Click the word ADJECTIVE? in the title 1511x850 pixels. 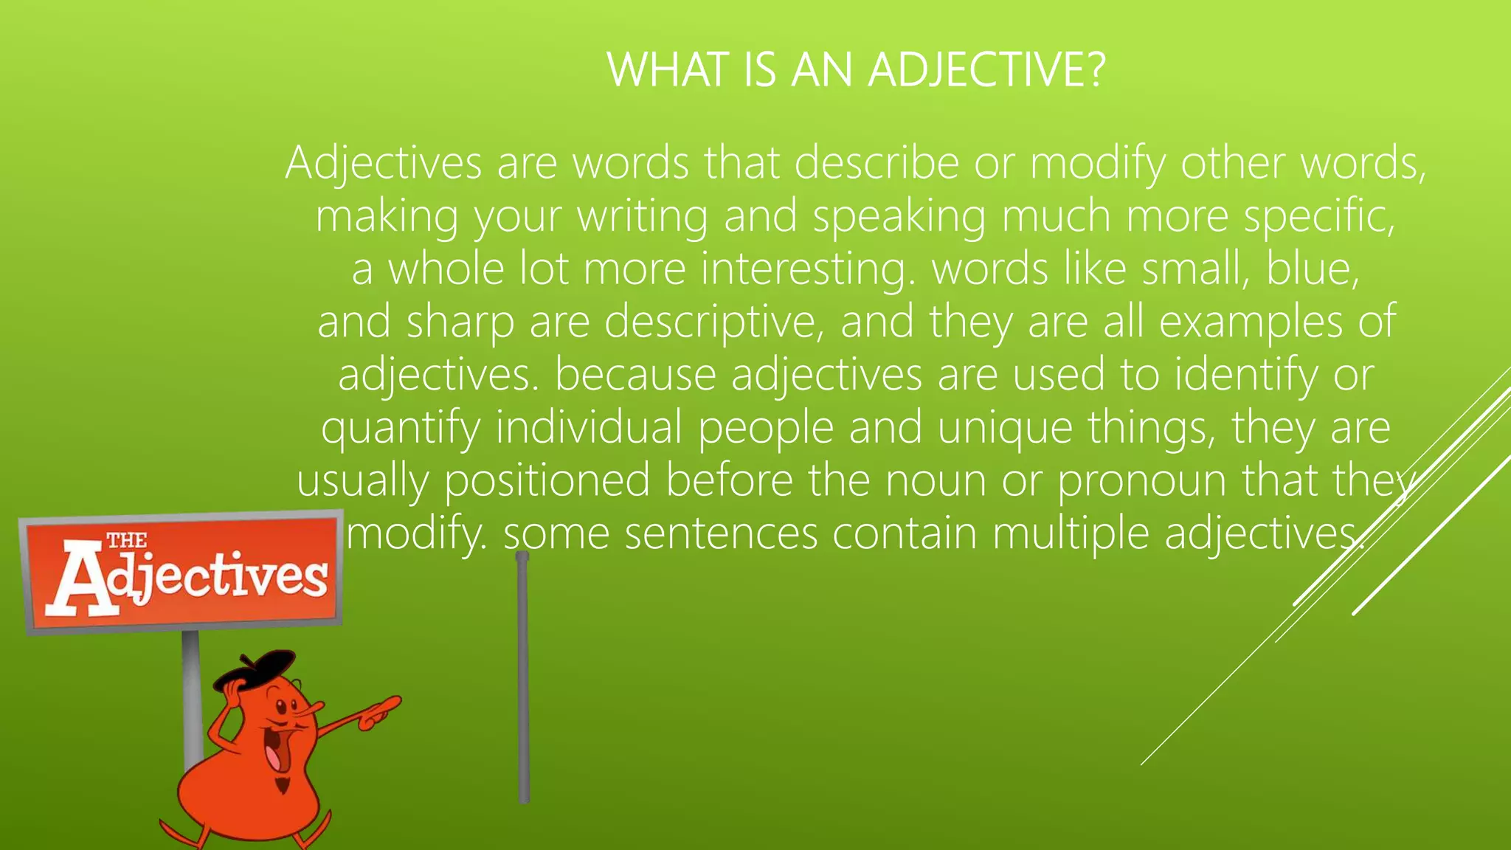[x=987, y=70]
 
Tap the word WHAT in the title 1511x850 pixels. [x=668, y=70]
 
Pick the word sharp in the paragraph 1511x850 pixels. [x=460, y=322]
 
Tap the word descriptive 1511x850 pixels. [x=713, y=322]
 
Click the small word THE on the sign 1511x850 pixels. [x=127, y=540]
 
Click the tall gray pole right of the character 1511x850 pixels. [x=523, y=679]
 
